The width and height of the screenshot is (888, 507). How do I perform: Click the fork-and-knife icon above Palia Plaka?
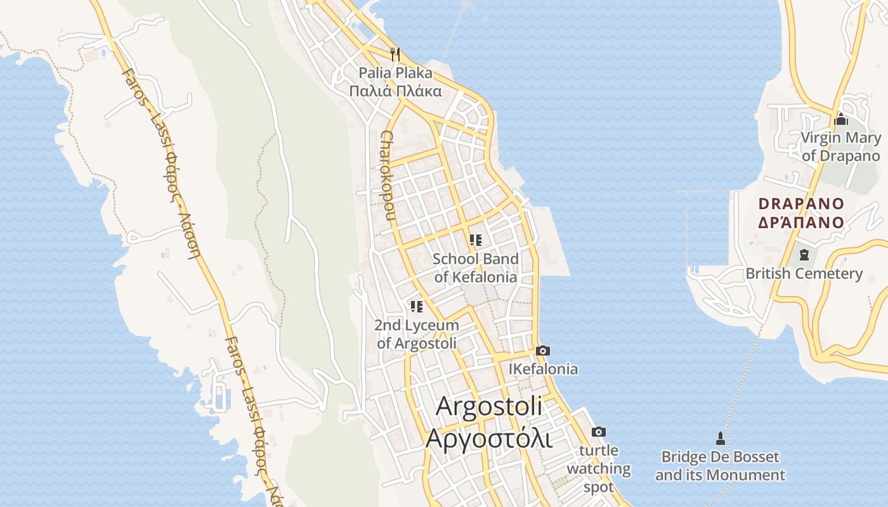[x=395, y=54]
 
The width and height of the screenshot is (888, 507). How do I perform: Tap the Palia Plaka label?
[x=395, y=73]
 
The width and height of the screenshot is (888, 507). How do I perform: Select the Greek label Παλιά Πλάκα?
[x=395, y=91]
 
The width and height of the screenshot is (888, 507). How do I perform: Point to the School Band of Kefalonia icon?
[x=475, y=240]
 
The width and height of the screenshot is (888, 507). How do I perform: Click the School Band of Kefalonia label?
[x=475, y=268]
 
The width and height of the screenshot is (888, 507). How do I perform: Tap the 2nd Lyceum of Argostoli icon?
[x=417, y=307]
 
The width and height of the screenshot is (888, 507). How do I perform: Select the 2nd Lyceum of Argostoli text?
[x=417, y=335]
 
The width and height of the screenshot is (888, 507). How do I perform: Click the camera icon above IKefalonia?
[x=543, y=350]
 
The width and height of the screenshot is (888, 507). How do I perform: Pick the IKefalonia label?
[x=544, y=369]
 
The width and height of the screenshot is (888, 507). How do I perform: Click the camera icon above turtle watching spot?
[x=598, y=432]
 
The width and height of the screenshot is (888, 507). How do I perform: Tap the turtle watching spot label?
[x=599, y=469]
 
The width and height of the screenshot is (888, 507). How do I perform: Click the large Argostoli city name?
[x=490, y=406]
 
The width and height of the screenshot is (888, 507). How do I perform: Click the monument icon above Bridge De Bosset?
[x=720, y=438]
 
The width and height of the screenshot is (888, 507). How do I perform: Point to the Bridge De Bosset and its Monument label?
[x=720, y=466]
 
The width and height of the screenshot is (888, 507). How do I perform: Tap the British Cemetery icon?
[x=804, y=255]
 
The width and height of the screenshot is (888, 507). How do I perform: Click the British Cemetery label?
[x=804, y=274]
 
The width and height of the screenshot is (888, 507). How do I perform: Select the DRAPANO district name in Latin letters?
[x=802, y=204]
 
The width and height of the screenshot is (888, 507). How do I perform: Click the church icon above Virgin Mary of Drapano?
[x=841, y=119]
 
